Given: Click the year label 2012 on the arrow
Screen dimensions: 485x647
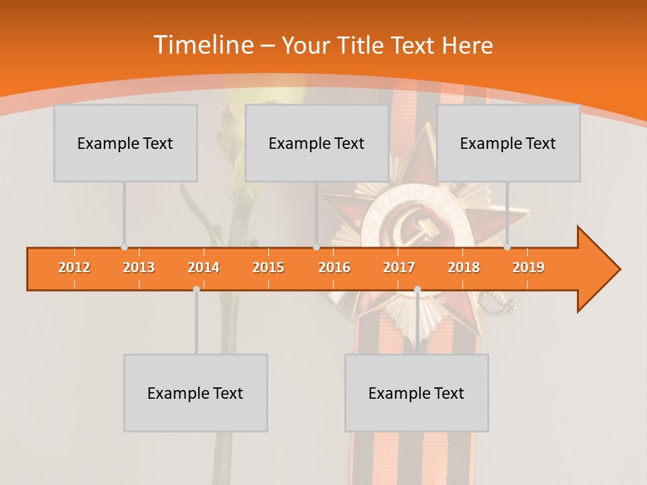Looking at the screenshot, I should (x=74, y=267).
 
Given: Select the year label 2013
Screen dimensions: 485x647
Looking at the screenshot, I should (x=139, y=267).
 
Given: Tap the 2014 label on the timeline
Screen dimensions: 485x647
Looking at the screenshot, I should (x=204, y=267).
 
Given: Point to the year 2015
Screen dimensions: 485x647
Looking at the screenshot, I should (x=268, y=267).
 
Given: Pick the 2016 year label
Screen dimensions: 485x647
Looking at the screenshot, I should (x=334, y=267).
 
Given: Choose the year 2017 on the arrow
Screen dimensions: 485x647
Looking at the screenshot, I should (x=399, y=267).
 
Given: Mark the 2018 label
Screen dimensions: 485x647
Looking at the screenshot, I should (x=464, y=267).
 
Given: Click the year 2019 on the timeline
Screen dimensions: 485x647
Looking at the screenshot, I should (x=528, y=267).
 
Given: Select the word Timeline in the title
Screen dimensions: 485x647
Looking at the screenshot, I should (x=202, y=45).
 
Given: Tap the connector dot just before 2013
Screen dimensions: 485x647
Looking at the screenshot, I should (x=124, y=247).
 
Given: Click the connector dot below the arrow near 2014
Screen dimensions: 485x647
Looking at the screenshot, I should (x=196, y=289).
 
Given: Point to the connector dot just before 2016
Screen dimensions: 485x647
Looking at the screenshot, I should (x=316, y=247).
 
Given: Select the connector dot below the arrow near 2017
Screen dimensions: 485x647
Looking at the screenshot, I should (x=417, y=289).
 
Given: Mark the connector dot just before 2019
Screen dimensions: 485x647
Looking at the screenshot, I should (x=507, y=247).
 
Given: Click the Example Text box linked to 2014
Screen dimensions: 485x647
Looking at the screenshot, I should (x=195, y=393).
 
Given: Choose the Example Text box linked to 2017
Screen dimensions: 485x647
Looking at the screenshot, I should (x=417, y=393).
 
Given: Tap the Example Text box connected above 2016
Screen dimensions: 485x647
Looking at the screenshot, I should (x=316, y=143).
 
